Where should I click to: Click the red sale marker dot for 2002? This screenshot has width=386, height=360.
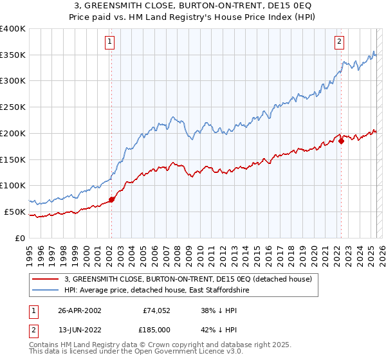tap(111, 199)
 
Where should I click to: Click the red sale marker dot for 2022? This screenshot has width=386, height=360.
tap(341, 141)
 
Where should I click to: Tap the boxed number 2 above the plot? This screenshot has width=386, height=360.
tap(339, 42)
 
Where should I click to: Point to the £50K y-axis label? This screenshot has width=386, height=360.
tap(15, 212)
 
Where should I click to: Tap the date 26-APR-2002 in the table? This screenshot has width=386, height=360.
tap(80, 309)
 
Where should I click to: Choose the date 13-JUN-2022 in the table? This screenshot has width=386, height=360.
tap(80, 330)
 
